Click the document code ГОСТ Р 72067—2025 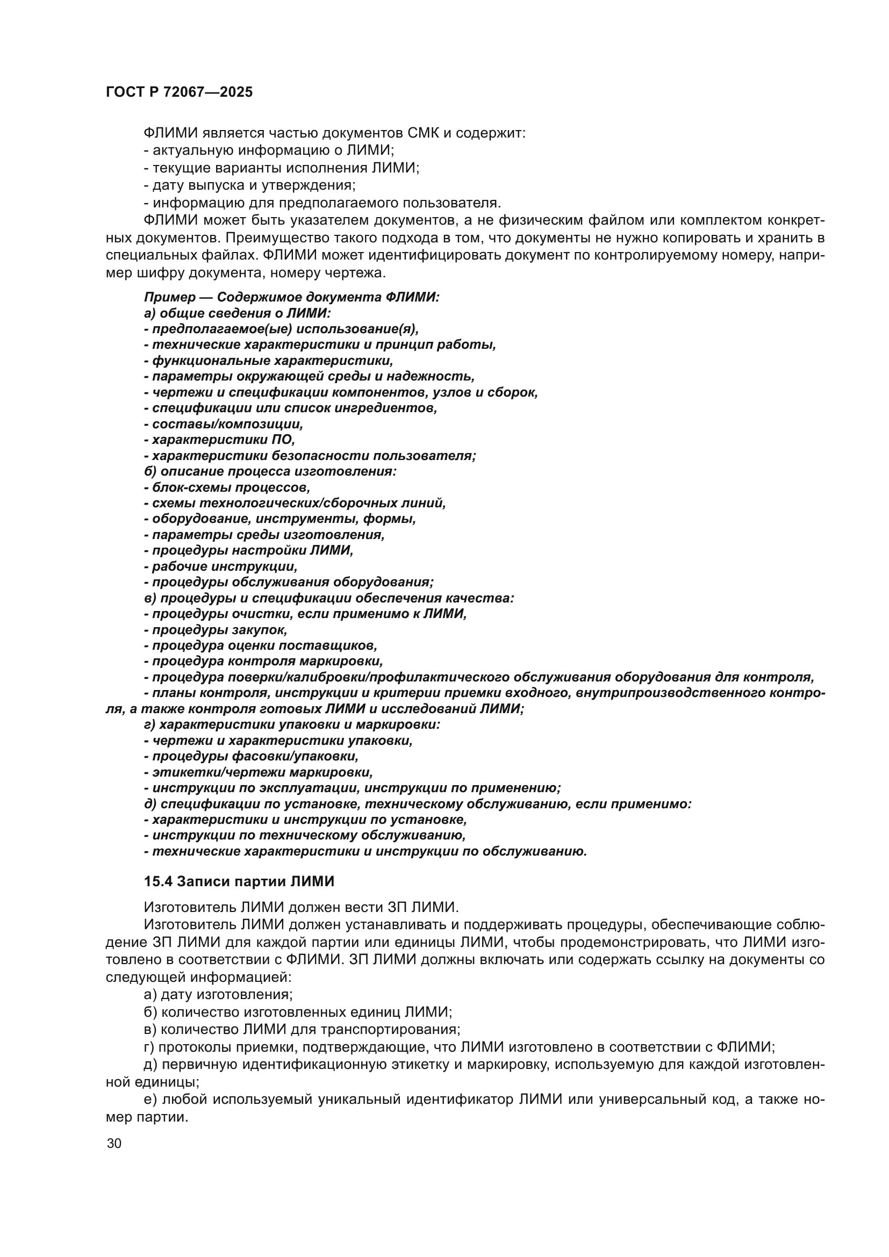[179, 92]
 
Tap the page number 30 [114, 1143]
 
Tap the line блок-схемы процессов [231, 487]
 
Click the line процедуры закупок [219, 630]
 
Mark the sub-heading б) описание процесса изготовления [270, 471]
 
